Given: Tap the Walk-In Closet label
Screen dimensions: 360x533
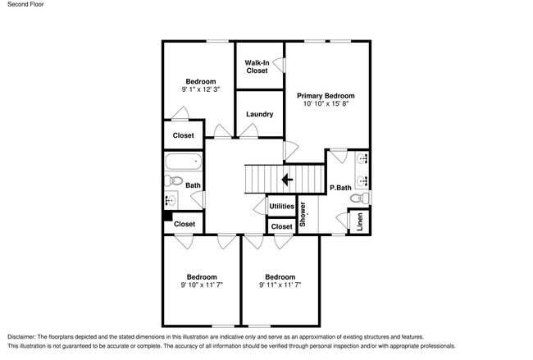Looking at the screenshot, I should coord(257,66).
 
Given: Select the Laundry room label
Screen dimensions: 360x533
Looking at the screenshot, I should coord(259,114).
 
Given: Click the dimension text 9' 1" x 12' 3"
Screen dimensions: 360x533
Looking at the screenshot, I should coord(200,89).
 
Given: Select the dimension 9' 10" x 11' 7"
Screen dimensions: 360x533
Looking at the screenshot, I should coord(201,285).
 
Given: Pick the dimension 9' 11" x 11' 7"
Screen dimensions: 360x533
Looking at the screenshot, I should coord(281,285).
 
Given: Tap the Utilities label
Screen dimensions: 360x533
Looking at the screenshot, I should coord(281,206).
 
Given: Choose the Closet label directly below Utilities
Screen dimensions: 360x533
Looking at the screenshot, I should coord(281,226).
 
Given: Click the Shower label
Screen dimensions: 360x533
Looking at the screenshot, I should coord(303,214).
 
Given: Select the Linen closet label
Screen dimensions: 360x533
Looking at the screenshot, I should coord(358,221).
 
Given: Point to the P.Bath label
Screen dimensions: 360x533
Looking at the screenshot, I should coord(340,188).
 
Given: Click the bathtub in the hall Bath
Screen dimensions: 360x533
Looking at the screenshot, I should coord(180,161).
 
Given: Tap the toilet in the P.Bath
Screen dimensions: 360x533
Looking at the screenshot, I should coord(359,197).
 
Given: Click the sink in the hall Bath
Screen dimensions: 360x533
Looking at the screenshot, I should coord(171,199).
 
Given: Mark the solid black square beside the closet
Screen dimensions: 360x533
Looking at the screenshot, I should coord(166,217).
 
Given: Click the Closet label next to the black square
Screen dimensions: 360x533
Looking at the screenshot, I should coord(184,224).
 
